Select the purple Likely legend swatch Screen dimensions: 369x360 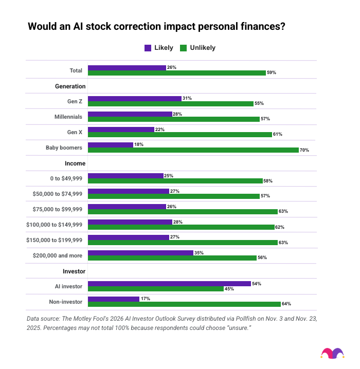pyautogui.click(x=148, y=48)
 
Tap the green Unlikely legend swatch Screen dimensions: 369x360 pyautogui.click(x=183, y=48)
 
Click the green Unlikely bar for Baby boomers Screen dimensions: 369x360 pyautogui.click(x=193, y=150)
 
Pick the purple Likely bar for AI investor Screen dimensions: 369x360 pyautogui.click(x=169, y=283)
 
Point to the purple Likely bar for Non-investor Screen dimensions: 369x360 pyautogui.click(x=114, y=299)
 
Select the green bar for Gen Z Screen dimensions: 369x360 pyautogui.click(x=171, y=104)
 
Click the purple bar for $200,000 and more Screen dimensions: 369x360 pyautogui.click(x=140, y=252)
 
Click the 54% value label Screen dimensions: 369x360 pyautogui.click(x=256, y=283)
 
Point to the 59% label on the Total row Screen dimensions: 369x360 pyautogui.click(x=272, y=73)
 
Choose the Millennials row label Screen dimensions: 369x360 pyautogui.click(x=69, y=117)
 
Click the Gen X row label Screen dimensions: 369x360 pyautogui.click(x=75, y=132)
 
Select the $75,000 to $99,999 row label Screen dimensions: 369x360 pyautogui.click(x=58, y=209)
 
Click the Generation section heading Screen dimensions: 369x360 pyautogui.click(x=70, y=86)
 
